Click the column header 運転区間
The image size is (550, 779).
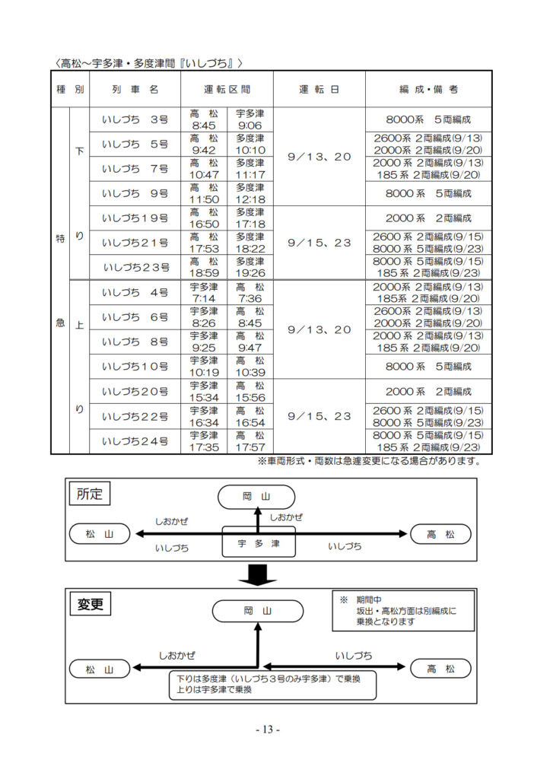coord(227,90)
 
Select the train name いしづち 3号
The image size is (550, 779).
coord(135,119)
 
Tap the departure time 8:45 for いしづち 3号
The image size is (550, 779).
coord(204,126)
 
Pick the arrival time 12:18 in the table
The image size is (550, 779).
coord(250,199)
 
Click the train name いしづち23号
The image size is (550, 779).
coord(136,268)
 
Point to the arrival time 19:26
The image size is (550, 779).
coord(250,273)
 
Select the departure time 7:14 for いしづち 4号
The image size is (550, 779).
coord(204,298)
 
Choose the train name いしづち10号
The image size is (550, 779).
coord(135,367)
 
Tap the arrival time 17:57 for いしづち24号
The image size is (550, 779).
coord(250,447)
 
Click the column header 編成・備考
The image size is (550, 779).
coord(429,90)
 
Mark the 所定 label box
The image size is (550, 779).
coord(90,494)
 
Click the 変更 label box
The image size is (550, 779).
coord(90,604)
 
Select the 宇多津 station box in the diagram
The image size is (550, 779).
coord(259,542)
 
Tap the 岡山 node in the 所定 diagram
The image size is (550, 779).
coord(256,497)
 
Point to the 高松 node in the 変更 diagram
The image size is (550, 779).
coord(440,669)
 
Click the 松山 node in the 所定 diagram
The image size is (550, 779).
coord(100,534)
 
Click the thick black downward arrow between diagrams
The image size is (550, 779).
coord(257,574)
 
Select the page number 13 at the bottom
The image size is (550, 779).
coord(268,730)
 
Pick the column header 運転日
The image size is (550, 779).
coord(319,90)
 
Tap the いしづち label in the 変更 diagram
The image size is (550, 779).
coord(353,656)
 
